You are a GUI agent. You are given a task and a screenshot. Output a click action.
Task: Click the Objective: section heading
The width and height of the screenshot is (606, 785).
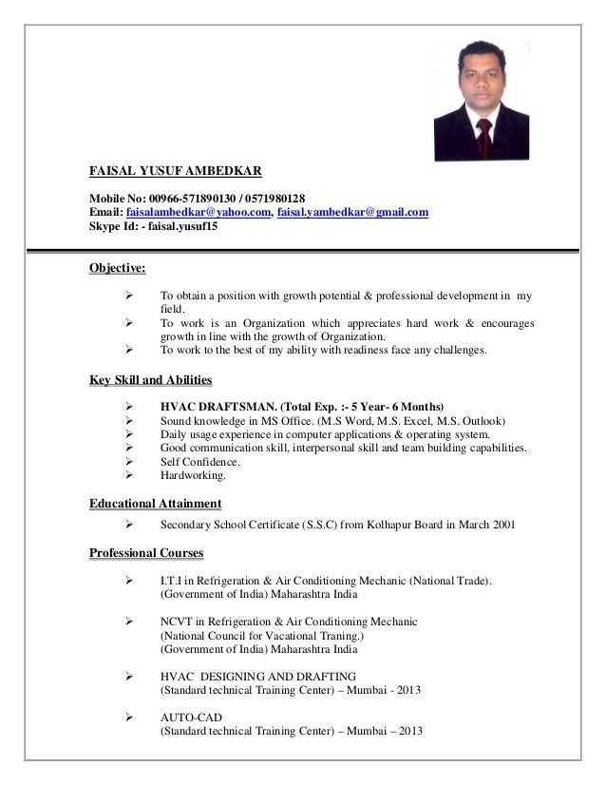tap(117, 268)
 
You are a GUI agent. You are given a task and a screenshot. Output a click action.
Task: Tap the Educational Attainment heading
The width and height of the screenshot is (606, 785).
tap(155, 503)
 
